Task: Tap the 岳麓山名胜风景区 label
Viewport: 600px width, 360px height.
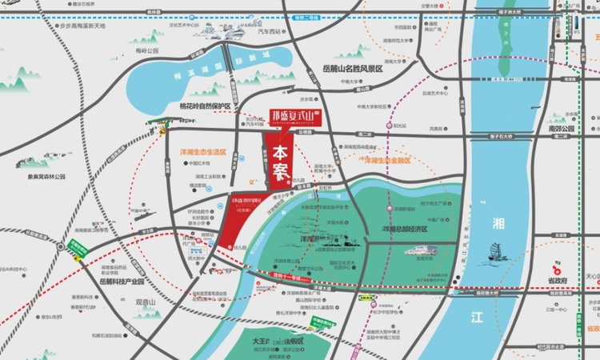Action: [x=351, y=70]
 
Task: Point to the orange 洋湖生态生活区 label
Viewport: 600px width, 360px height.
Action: [x=198, y=151]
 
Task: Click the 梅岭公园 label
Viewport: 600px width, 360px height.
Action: [x=147, y=50]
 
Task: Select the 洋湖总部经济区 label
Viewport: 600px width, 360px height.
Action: [x=399, y=228]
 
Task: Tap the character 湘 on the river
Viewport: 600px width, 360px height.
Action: [x=498, y=199]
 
